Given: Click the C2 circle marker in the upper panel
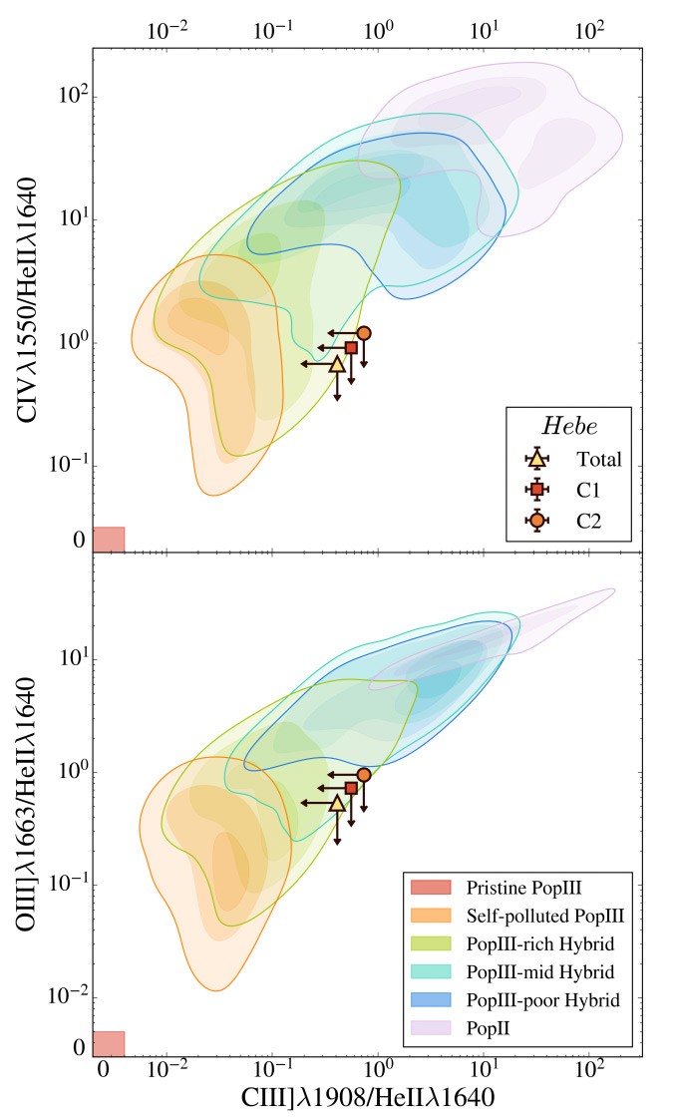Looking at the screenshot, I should [x=364, y=332].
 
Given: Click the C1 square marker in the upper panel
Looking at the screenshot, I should [x=351, y=347].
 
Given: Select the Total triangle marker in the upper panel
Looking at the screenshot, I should [x=337, y=364].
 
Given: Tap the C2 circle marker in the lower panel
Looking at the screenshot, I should [x=364, y=774].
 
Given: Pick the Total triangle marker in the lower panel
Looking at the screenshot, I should [x=337, y=803].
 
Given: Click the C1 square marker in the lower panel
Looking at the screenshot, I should [x=351, y=788].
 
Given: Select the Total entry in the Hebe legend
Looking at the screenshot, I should [x=598, y=460].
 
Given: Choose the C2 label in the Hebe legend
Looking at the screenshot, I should [x=589, y=520].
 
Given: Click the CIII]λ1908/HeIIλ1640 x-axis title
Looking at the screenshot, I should [x=368, y=1098].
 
